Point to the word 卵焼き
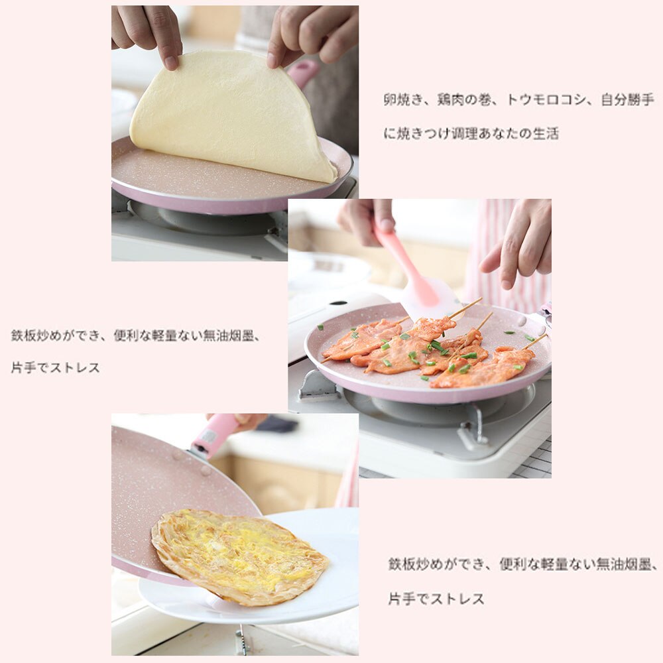(402, 100)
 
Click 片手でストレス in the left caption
(55, 367)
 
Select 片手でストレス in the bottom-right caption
(436, 599)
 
